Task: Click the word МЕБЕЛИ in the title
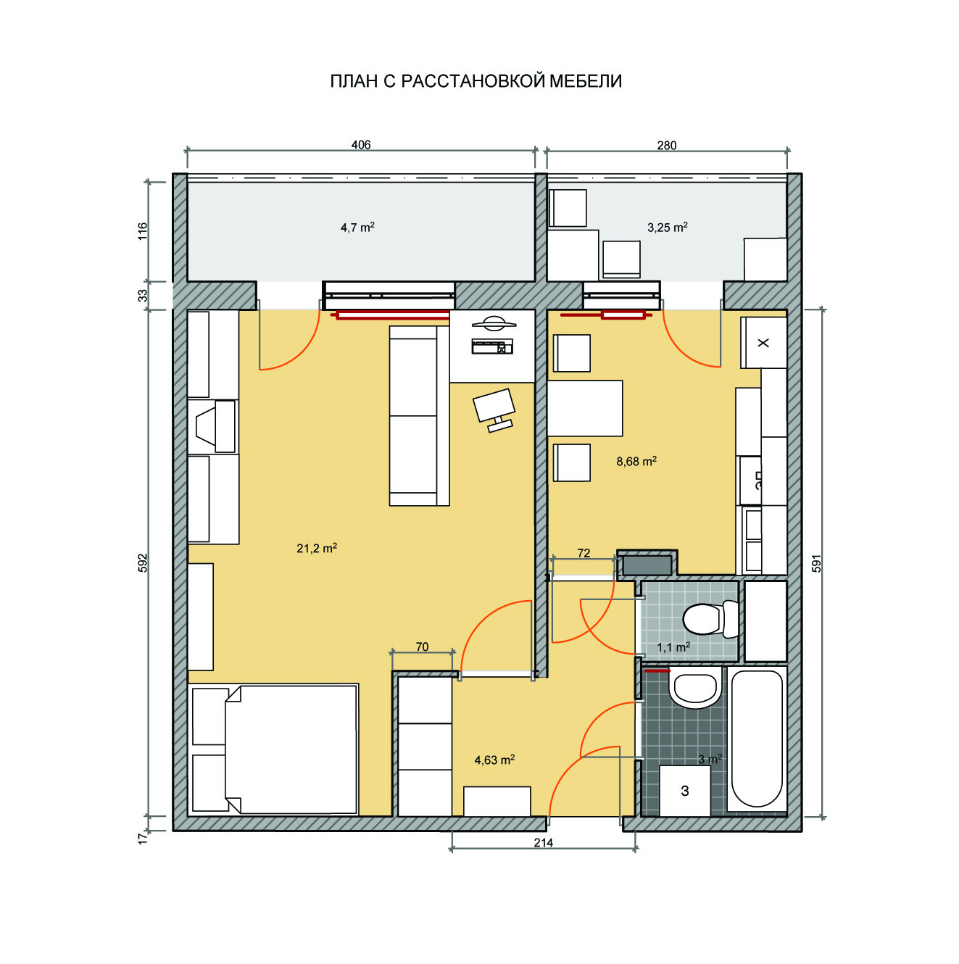pyautogui.click(x=586, y=81)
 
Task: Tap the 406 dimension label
pyautogui.click(x=361, y=145)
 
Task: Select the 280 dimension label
pyautogui.click(x=667, y=146)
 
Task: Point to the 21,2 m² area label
pyautogui.click(x=316, y=548)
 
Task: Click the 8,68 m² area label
pyautogui.click(x=636, y=461)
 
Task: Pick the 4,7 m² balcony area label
pyautogui.click(x=357, y=228)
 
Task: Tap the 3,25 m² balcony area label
pyautogui.click(x=667, y=228)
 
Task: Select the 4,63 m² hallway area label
pyautogui.click(x=494, y=760)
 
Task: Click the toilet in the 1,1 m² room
pyautogui.click(x=710, y=620)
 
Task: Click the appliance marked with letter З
pyautogui.click(x=685, y=791)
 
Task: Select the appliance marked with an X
pyautogui.click(x=763, y=343)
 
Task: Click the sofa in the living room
pyautogui.click(x=419, y=416)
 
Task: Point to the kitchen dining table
pyautogui.click(x=585, y=408)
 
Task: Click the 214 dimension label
pyautogui.click(x=543, y=842)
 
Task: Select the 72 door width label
pyautogui.click(x=584, y=553)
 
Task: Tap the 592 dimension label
pyautogui.click(x=143, y=562)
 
